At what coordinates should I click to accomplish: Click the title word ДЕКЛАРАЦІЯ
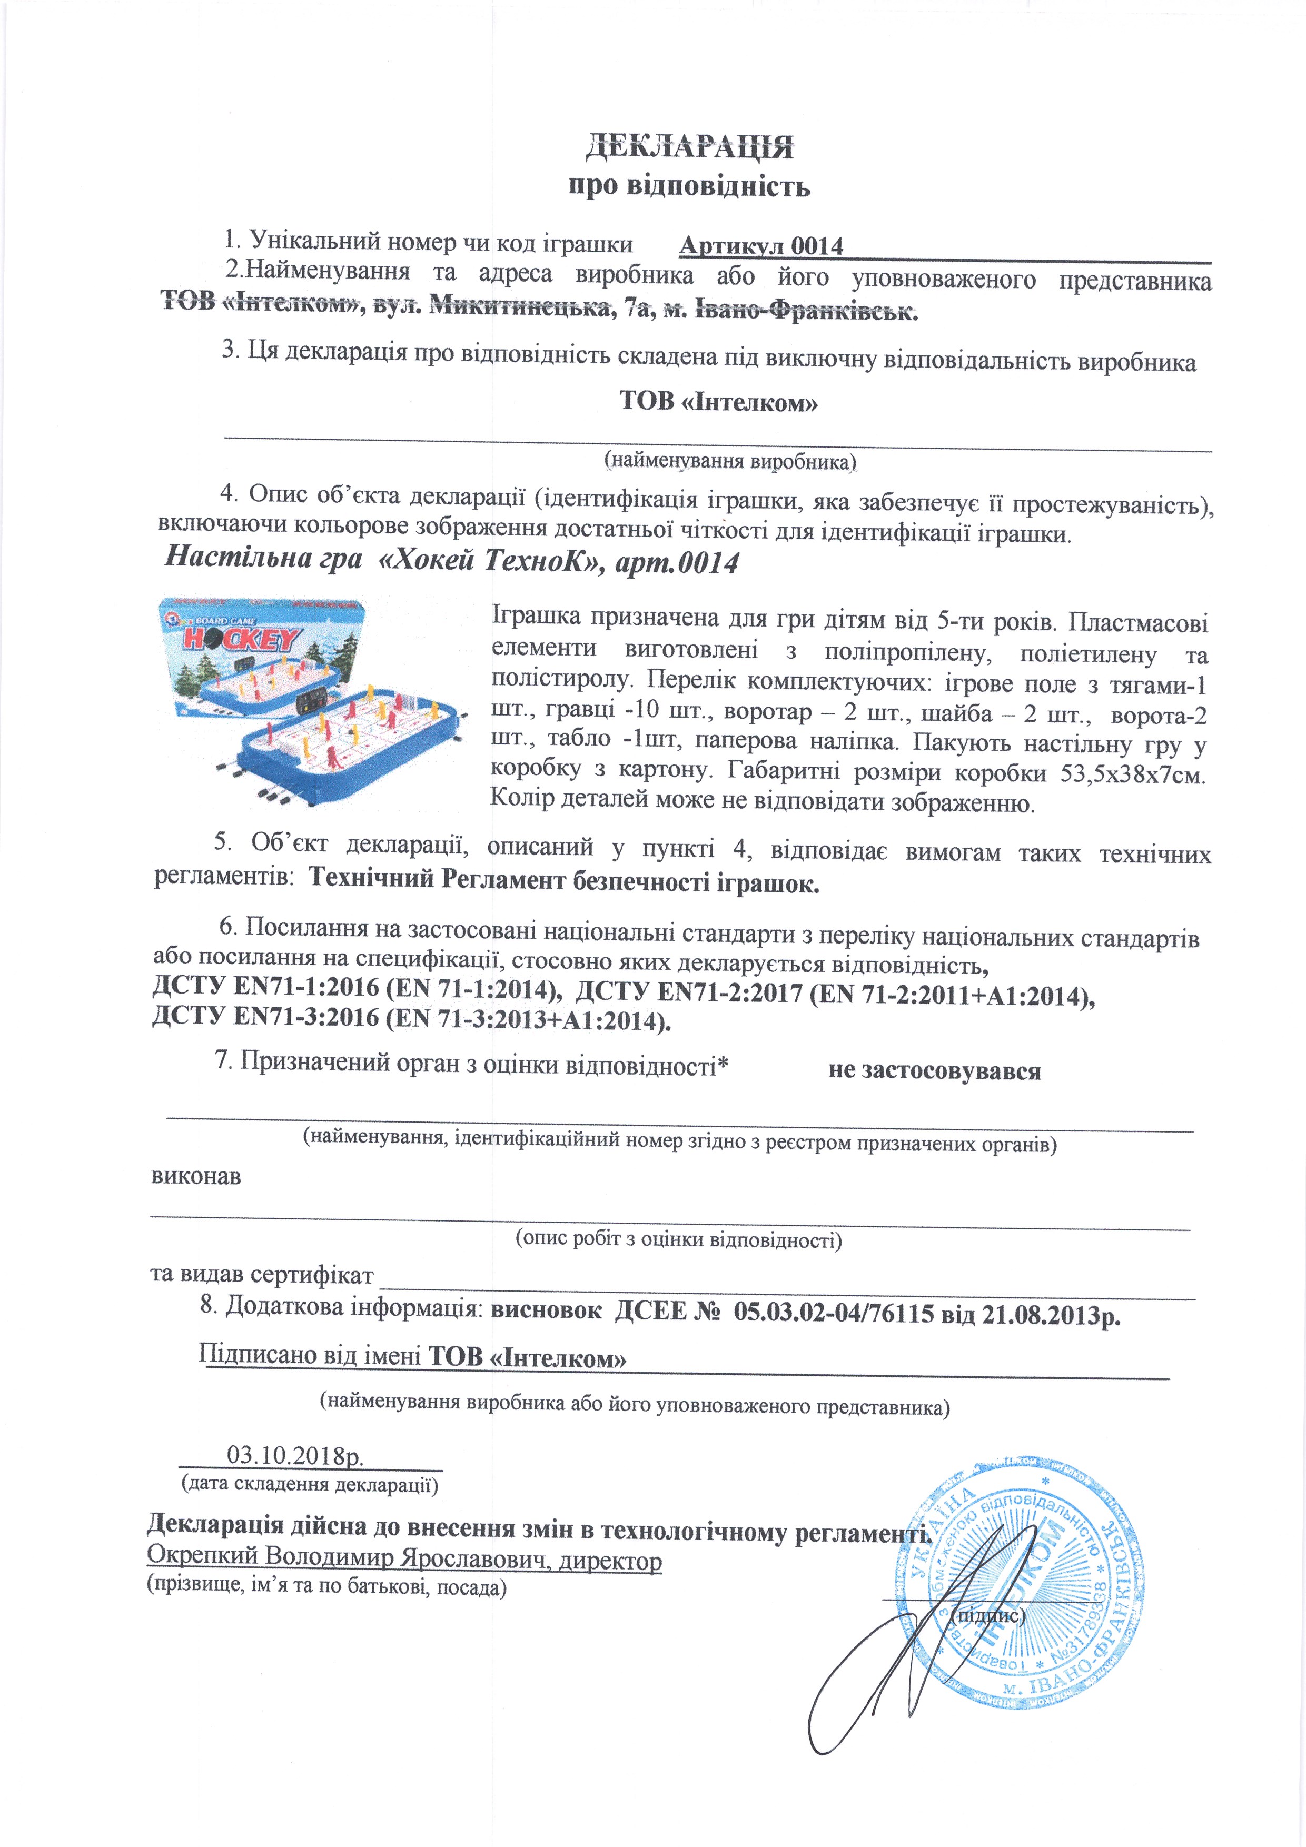click(689, 148)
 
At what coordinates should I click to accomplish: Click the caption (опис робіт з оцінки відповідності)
click(678, 1239)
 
